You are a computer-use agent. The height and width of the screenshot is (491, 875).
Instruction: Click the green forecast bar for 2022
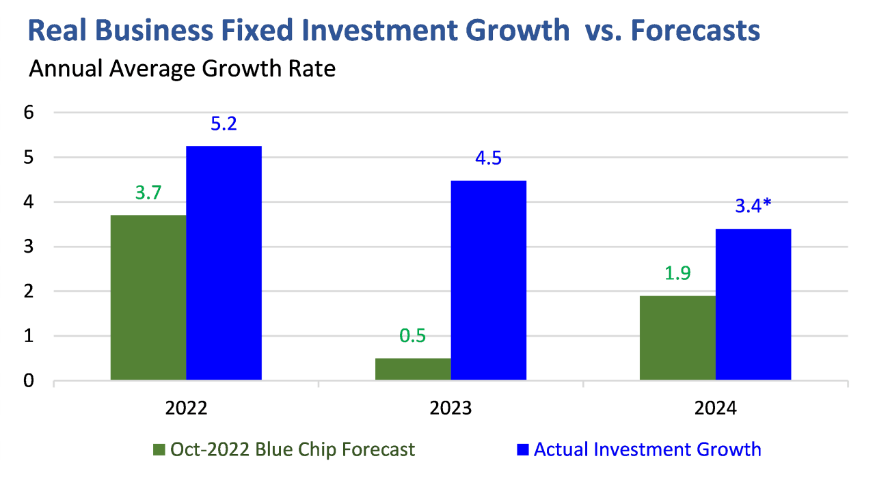tap(148, 297)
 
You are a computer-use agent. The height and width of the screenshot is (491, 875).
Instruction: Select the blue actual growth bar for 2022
tap(224, 263)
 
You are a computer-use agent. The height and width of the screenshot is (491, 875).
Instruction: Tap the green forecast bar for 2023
tap(413, 369)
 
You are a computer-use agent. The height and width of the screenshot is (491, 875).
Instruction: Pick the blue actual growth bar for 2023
tap(488, 280)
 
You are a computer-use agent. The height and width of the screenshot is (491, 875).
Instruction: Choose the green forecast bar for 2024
tap(677, 337)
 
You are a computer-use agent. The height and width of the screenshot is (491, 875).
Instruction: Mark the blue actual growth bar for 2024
tap(753, 304)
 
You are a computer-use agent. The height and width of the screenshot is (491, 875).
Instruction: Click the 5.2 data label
tap(224, 125)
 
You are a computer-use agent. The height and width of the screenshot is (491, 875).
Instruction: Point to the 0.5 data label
tap(413, 337)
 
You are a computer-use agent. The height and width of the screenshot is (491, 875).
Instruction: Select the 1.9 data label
tap(677, 274)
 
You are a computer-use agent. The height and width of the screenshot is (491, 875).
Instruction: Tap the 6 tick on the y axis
tap(29, 113)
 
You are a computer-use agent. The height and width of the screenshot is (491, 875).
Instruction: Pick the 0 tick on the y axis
tap(29, 380)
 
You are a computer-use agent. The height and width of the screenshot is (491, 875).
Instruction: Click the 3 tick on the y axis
tap(29, 247)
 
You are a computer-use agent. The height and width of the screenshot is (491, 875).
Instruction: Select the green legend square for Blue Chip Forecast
tap(159, 449)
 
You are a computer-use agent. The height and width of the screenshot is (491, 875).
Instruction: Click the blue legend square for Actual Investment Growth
tap(523, 449)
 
